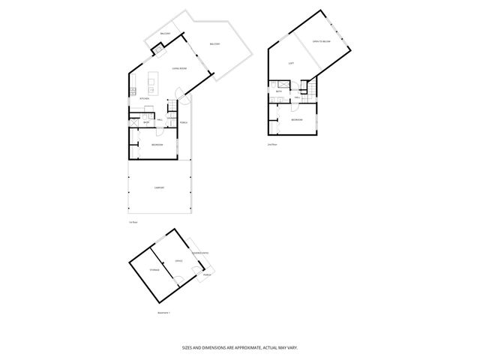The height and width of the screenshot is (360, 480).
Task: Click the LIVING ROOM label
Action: click(158, 67)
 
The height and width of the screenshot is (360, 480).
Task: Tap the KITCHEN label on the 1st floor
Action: click(145, 98)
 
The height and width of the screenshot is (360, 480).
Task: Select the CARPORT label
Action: click(159, 187)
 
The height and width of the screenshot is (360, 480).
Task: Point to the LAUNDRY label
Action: click(172, 118)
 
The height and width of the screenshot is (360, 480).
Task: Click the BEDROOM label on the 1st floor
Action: click(157, 144)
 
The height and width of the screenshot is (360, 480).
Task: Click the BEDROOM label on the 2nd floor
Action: click(297, 120)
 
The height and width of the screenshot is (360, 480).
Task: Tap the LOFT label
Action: click(291, 63)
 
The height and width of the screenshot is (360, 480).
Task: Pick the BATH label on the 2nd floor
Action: click(278, 91)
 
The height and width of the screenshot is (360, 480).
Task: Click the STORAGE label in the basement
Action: click(154, 269)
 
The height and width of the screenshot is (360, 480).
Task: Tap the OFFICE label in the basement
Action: click(178, 261)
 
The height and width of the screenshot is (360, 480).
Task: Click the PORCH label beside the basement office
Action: click(206, 274)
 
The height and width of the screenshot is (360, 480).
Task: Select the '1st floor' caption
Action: click(132, 223)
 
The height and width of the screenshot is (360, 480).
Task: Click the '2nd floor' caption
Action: click(271, 143)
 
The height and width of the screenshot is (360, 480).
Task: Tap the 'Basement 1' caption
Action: click(164, 312)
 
